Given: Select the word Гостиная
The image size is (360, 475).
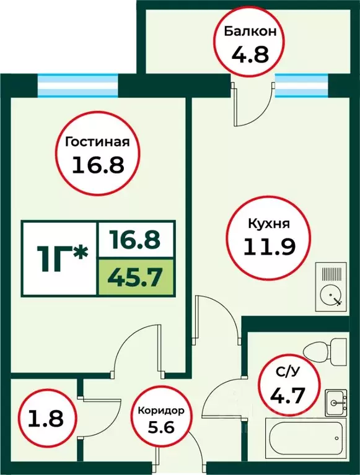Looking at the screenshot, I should tap(97, 142).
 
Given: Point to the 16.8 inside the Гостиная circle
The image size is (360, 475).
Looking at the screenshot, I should tap(97, 165).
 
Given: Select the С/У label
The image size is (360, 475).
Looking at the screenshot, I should tap(289, 372).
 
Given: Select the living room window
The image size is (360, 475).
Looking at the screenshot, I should tap(77, 85).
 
